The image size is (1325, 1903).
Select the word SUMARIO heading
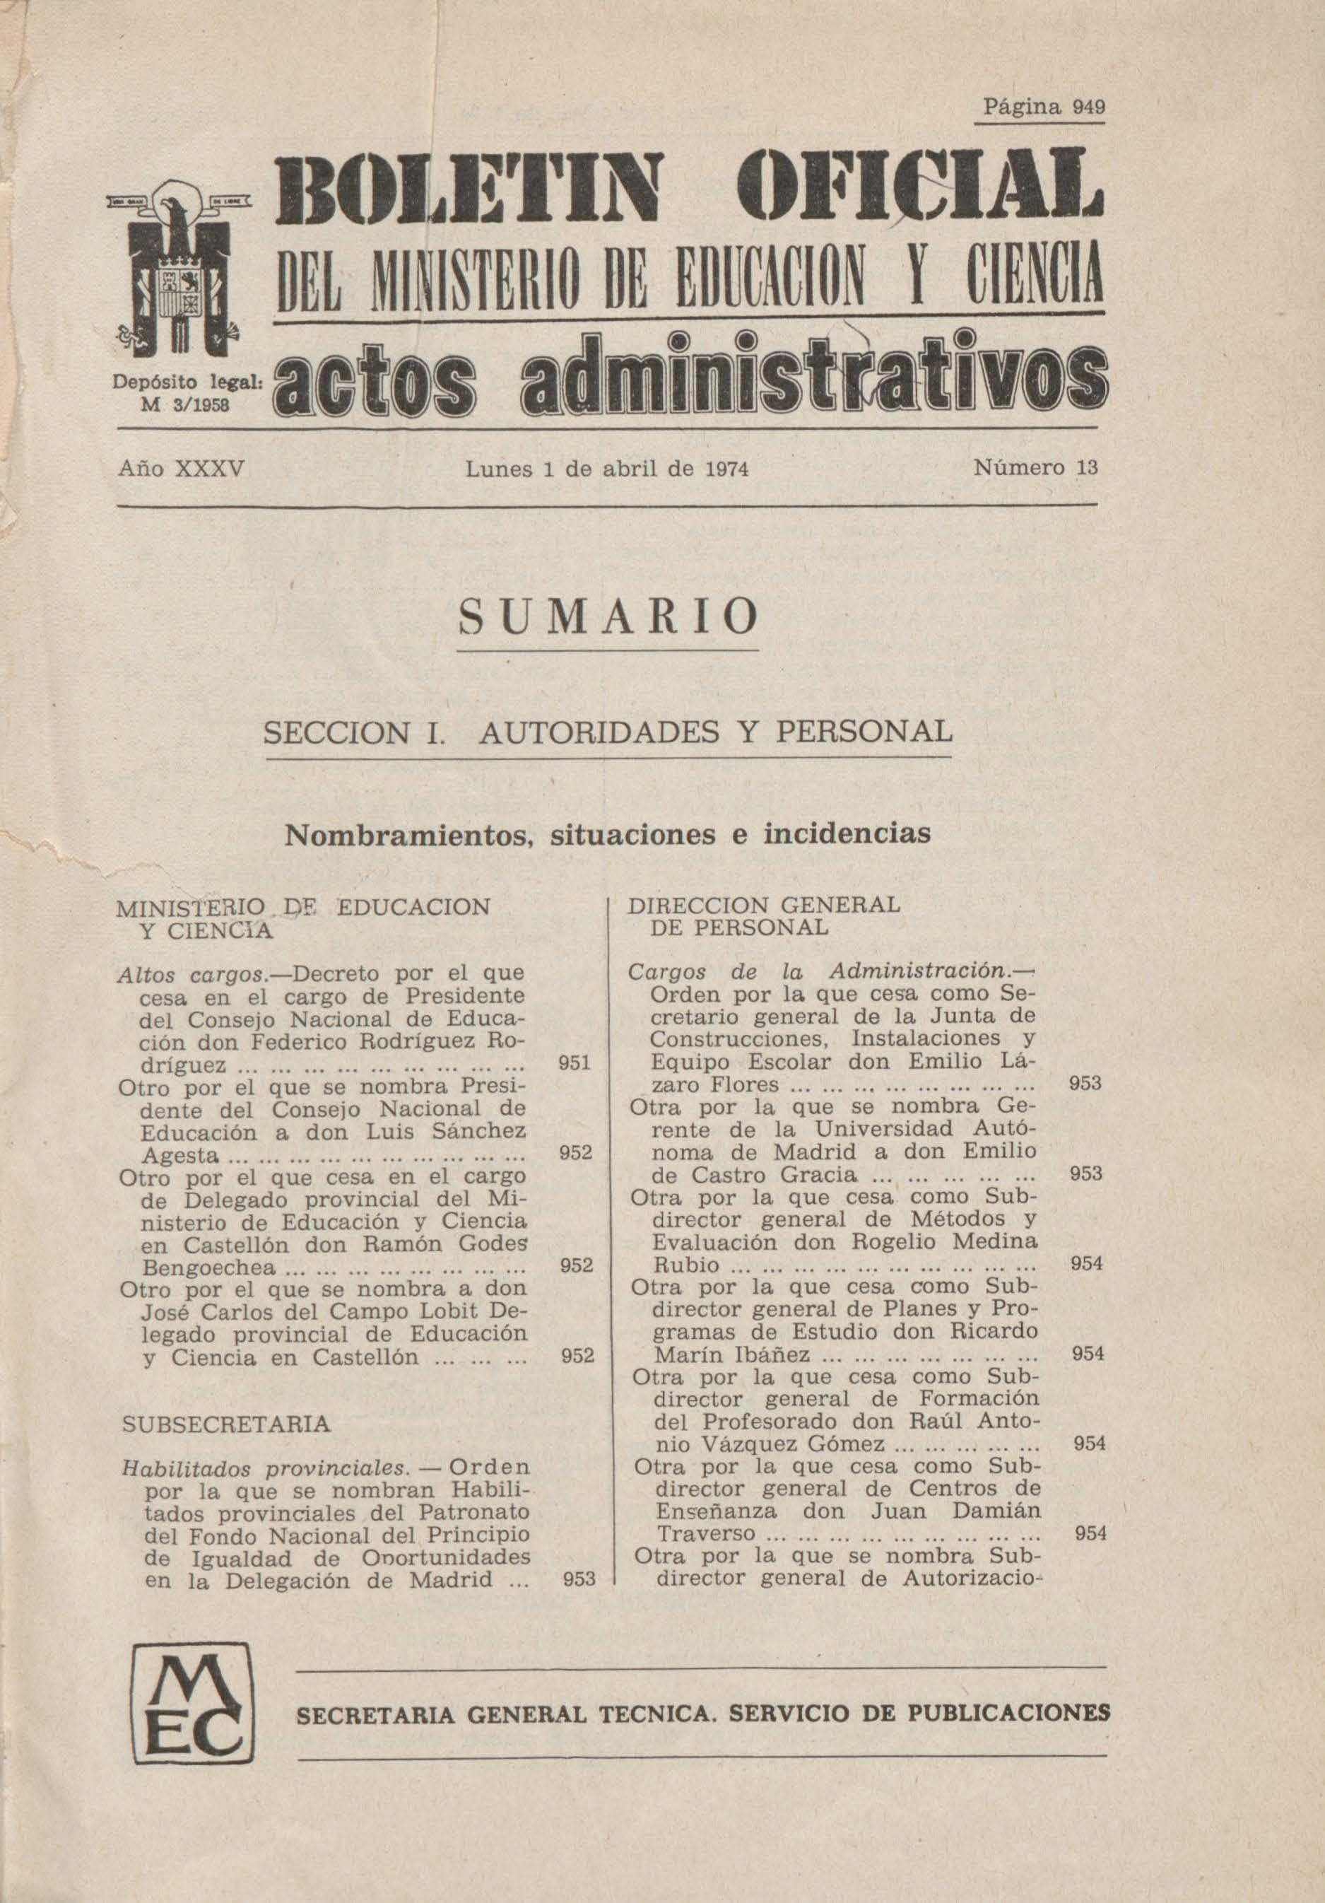pyautogui.click(x=608, y=616)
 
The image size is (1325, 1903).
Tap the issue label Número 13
pyautogui.click(x=1036, y=467)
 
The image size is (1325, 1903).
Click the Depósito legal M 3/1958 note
pyautogui.click(x=187, y=393)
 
